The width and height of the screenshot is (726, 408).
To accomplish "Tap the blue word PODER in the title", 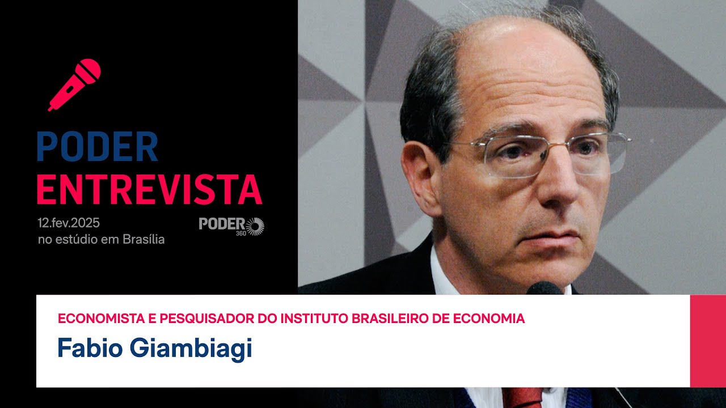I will click(x=97, y=147).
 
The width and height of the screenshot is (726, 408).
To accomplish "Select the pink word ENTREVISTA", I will click(x=149, y=190).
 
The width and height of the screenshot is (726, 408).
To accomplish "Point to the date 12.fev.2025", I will click(x=69, y=223).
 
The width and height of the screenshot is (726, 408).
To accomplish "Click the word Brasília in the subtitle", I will click(x=144, y=240).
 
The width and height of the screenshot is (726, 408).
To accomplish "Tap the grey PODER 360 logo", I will click(x=231, y=226).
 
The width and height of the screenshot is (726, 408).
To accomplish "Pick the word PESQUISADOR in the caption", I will click(x=207, y=318).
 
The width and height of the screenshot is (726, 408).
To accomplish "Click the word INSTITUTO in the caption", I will click(x=315, y=318).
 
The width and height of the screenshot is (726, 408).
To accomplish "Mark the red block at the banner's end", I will click(x=708, y=341).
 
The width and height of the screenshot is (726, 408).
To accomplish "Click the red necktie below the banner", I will click(x=522, y=398).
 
